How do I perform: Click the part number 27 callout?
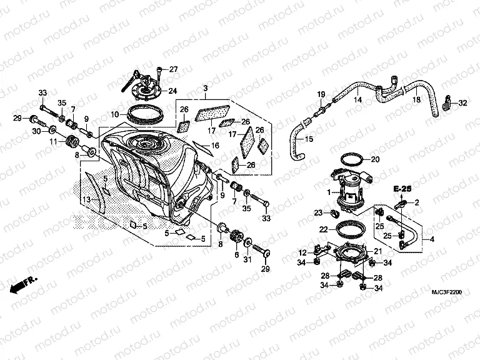point(173,69)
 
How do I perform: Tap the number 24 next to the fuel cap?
point(172,91)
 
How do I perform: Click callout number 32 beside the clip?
point(462,102)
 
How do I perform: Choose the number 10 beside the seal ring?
point(115,114)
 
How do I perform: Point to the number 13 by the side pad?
point(87,199)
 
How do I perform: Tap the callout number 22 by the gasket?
point(324,230)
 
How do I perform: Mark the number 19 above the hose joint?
point(321,94)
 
